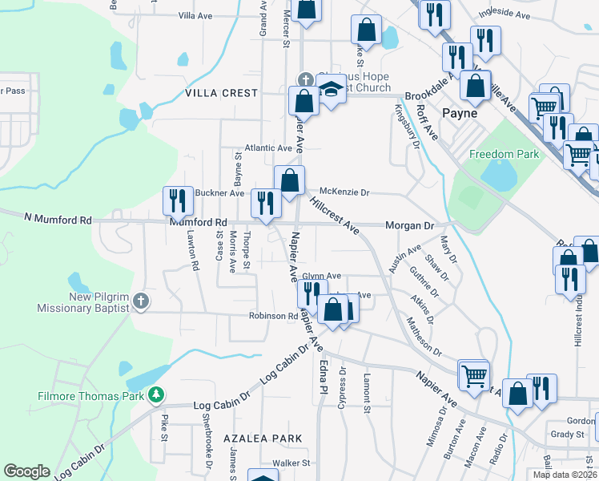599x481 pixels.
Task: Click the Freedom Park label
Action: click(505, 155)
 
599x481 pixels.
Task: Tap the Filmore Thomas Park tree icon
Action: click(159, 395)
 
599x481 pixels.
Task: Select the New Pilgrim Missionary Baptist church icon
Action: click(141, 301)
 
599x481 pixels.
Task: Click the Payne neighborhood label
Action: click(461, 113)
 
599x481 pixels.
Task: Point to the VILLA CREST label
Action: click(222, 93)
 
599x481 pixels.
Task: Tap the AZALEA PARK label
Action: click(263, 439)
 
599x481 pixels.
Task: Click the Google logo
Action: click(26, 471)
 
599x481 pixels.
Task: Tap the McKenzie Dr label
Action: click(344, 192)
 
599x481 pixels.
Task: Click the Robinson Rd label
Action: click(273, 316)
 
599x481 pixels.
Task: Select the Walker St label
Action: click(290, 463)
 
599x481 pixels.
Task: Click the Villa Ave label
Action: click(195, 15)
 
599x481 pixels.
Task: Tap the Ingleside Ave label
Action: click(505, 14)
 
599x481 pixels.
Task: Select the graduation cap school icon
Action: click(331, 91)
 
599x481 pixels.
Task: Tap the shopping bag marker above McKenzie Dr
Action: click(289, 180)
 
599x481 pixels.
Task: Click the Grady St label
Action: click(569, 435)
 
